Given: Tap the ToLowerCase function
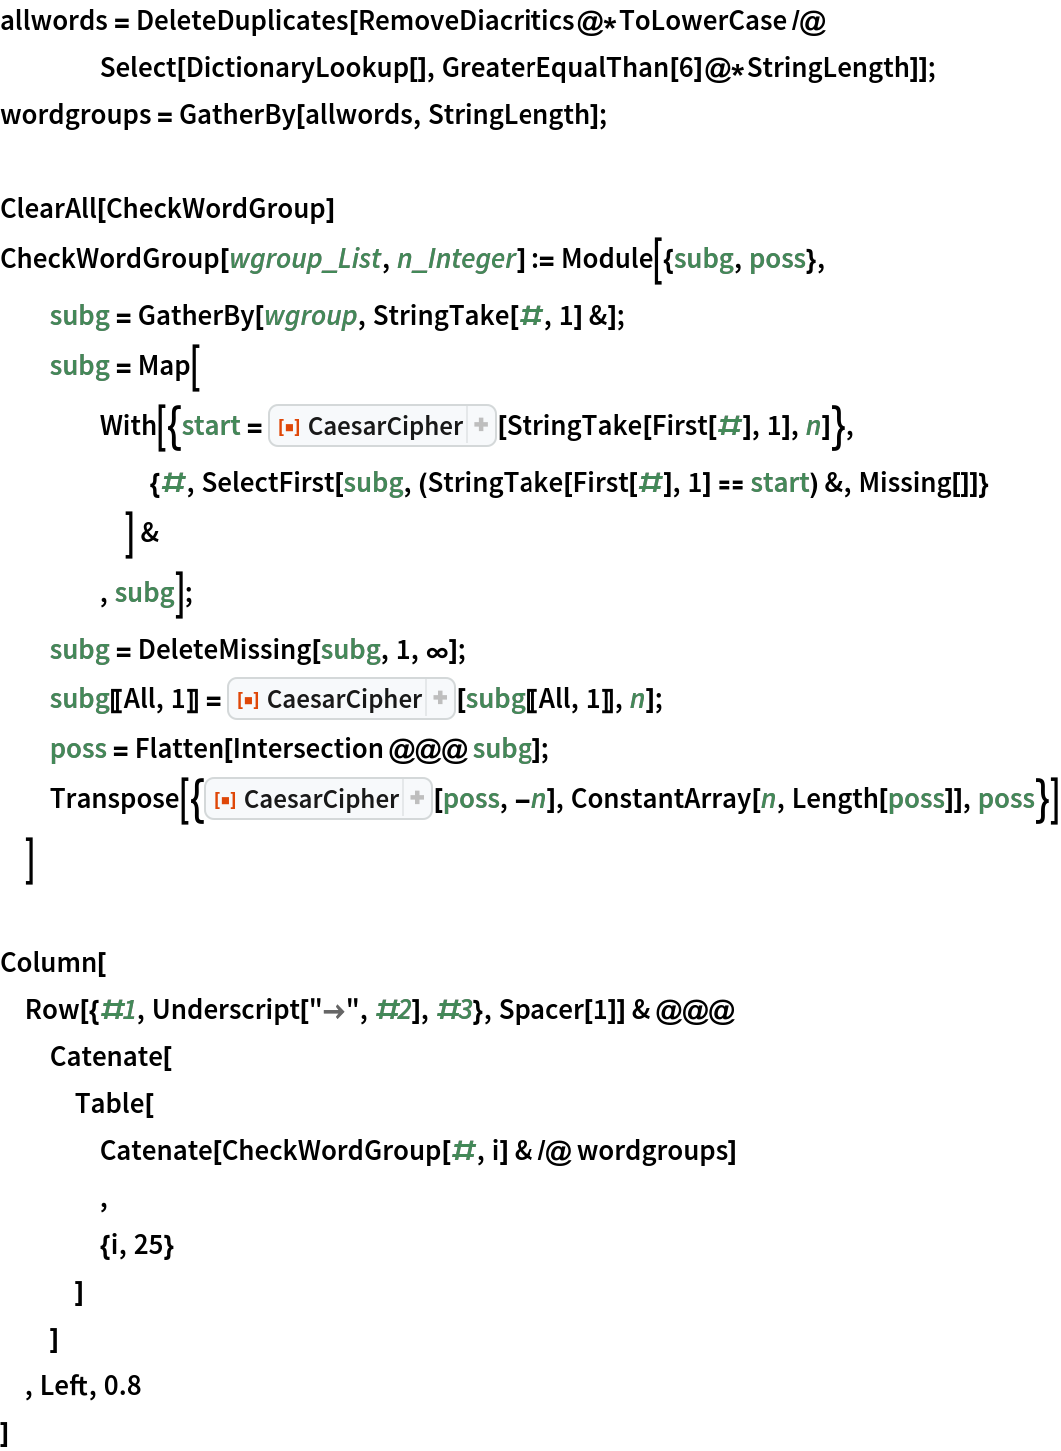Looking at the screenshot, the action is pyautogui.click(x=702, y=21).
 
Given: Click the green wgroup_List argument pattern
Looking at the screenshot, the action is pyautogui.click(x=305, y=259).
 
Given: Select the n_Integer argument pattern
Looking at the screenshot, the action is pyautogui.click(x=456, y=259).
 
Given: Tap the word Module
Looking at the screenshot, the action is pyautogui.click(x=607, y=258).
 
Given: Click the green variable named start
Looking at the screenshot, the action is pyautogui.click(x=211, y=427).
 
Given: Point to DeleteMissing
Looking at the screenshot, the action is pyautogui.click(x=225, y=650).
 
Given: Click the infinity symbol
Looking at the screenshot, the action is pyautogui.click(x=438, y=651).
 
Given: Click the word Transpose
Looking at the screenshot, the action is pyautogui.click(x=114, y=799).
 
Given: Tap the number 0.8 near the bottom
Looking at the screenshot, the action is pyautogui.click(x=123, y=1386).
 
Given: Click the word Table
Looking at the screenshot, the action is pyautogui.click(x=110, y=1104).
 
